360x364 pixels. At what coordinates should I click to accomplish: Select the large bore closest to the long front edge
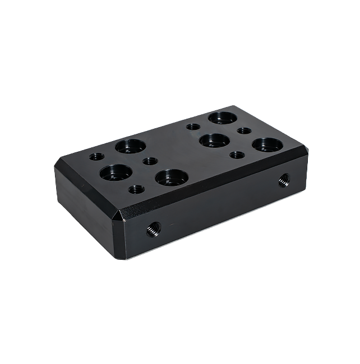tap(172, 178)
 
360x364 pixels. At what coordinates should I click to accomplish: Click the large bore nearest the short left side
tap(116, 172)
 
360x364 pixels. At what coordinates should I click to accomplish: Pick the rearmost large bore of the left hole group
tap(131, 147)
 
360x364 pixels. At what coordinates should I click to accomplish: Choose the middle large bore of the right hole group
tap(215, 140)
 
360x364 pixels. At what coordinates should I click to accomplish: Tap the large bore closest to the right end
tap(267, 145)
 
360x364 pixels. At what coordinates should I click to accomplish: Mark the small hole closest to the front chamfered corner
tap(136, 189)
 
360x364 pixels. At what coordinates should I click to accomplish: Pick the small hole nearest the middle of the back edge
tap(192, 127)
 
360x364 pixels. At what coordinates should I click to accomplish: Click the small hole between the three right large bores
tap(244, 131)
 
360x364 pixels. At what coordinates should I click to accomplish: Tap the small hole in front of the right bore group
tap(238, 155)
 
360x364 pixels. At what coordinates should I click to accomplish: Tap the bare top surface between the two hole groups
tap(179, 148)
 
